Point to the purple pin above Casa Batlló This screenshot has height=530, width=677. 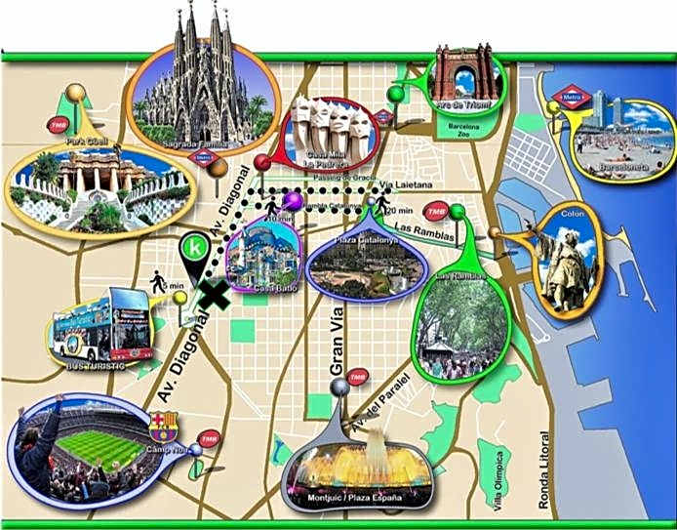pyautogui.click(x=292, y=201)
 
